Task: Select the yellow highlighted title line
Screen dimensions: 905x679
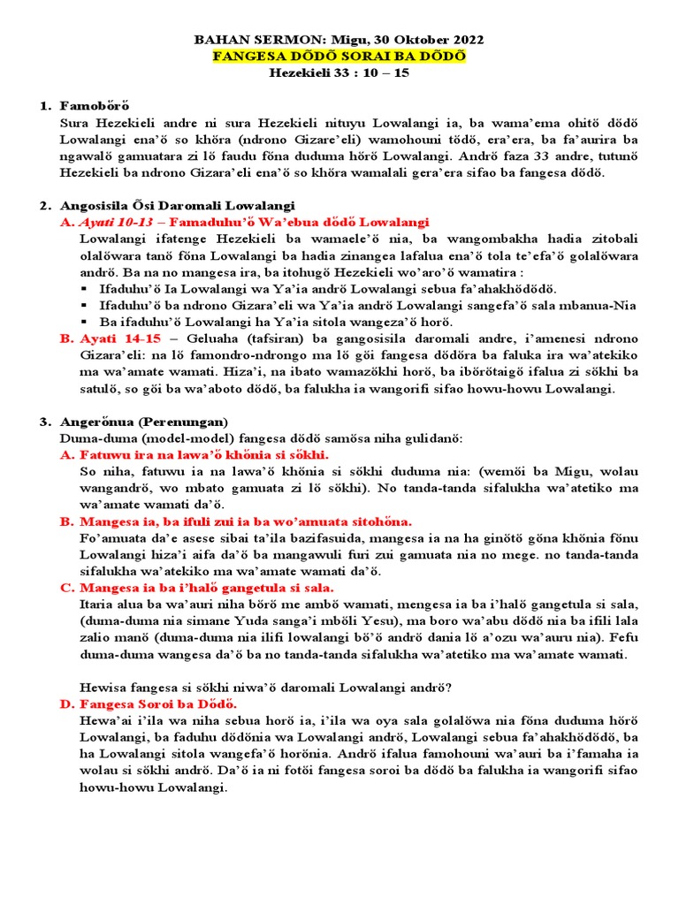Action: (339, 57)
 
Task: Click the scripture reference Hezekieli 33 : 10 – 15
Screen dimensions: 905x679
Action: (339, 72)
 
